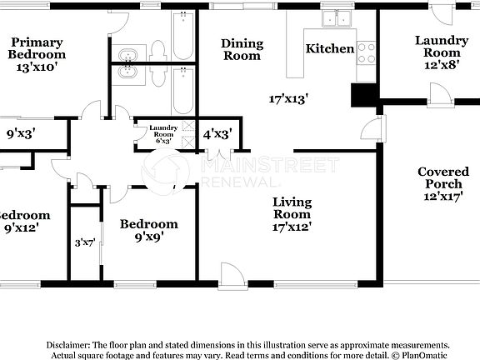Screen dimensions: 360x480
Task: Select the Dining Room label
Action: click(242, 49)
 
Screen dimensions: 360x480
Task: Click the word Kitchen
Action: click(330, 48)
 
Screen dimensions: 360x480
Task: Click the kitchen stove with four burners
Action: click(367, 53)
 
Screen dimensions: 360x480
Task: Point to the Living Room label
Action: click(292, 208)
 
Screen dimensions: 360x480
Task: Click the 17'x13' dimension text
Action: click(289, 98)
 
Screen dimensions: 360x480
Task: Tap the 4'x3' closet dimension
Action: click(217, 132)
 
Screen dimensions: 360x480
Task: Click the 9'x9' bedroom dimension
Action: click(148, 237)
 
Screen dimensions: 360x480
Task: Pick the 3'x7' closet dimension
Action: click(85, 242)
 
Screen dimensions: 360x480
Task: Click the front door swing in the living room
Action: click(231, 274)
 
